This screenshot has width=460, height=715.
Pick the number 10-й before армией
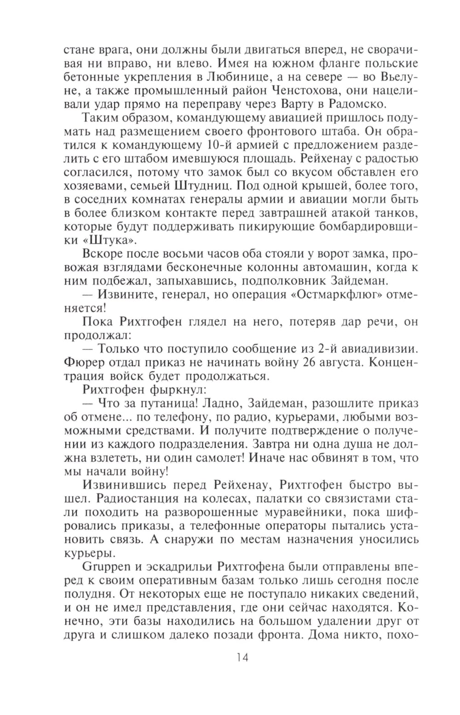(220, 145)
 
